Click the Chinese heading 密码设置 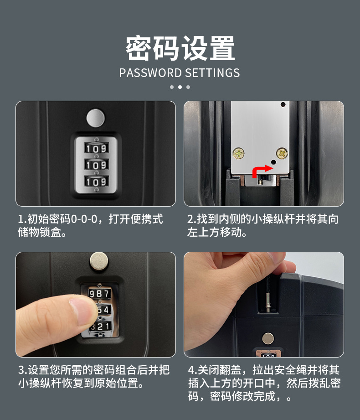click(180, 48)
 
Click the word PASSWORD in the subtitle click(150, 73)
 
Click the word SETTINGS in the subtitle click(212, 73)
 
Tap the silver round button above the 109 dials click(95, 118)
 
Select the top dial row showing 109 click(96, 148)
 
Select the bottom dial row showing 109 click(96, 182)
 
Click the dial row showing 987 click(99, 293)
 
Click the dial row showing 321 click(100, 327)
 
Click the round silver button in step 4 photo click(268, 338)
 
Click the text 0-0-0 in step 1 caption click(84, 219)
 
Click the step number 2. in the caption click(191, 219)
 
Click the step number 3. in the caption click(22, 370)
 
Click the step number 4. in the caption click(191, 370)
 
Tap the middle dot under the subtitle click(180, 87)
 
